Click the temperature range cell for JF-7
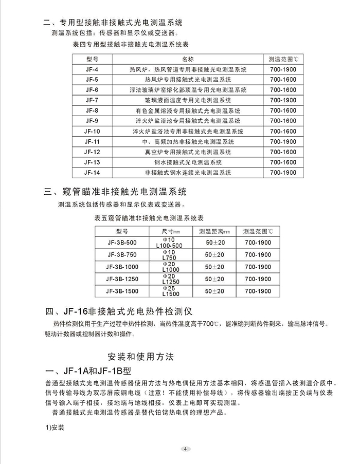coord(282,100)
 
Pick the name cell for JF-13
coord(188,162)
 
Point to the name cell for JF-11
coord(188,142)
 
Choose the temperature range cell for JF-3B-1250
coord(258,280)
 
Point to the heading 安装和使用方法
coord(142,356)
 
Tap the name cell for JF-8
coord(188,110)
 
